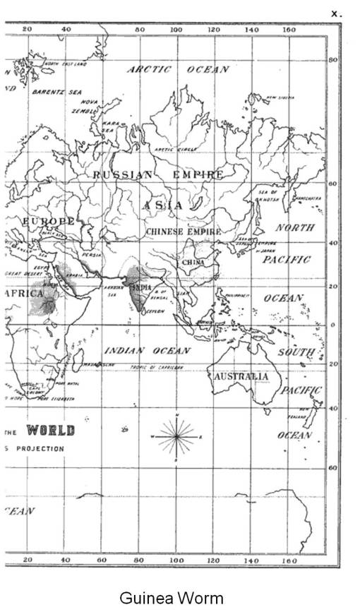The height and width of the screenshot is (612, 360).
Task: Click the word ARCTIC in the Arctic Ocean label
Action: (x=149, y=69)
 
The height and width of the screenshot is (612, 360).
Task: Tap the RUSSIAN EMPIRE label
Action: (x=159, y=174)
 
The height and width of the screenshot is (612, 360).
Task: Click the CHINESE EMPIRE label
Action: (x=183, y=232)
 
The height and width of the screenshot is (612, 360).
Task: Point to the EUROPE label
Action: (x=48, y=222)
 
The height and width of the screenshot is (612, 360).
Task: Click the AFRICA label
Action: (x=23, y=293)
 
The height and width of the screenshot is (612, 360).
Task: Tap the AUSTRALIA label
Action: (x=241, y=376)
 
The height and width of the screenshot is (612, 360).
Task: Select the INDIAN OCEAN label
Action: (x=148, y=351)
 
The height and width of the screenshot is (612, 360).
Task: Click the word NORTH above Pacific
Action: (x=295, y=227)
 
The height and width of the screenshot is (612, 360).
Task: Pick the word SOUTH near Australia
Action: (x=296, y=351)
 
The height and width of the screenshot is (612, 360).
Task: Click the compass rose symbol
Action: (x=176, y=437)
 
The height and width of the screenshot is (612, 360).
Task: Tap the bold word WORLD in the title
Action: (x=50, y=431)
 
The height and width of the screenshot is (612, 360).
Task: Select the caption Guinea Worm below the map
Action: (x=172, y=599)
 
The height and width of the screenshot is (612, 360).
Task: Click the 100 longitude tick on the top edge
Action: (x=176, y=30)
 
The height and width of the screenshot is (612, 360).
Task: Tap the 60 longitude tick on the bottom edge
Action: (x=102, y=559)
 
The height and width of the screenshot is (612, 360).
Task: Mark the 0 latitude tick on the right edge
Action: (x=332, y=325)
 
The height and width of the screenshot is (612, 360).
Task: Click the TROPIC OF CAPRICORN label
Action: (x=156, y=368)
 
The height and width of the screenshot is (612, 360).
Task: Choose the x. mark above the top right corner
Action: (x=336, y=11)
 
